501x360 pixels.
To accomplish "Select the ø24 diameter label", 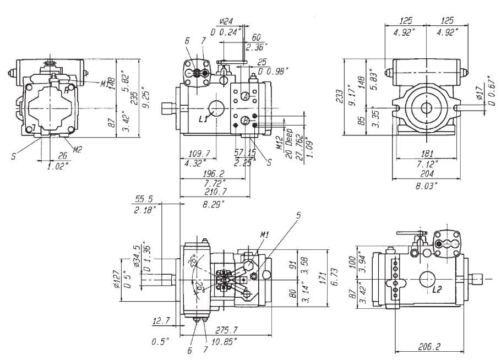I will click(225, 22).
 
